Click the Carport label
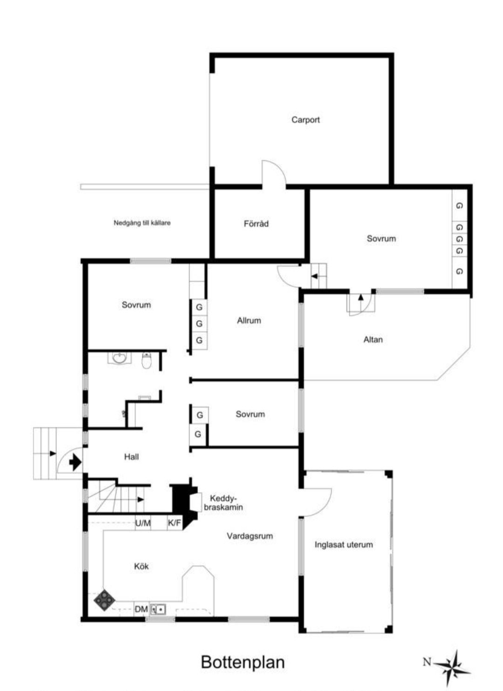[x=306, y=120]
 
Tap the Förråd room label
[x=256, y=223]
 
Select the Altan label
[x=373, y=339]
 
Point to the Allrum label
[x=249, y=321]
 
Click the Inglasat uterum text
[x=344, y=545]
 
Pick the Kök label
[x=141, y=566]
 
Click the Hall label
[x=131, y=457]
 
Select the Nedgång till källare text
[x=142, y=223]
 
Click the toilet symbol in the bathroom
[x=147, y=361]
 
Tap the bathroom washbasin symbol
[x=119, y=358]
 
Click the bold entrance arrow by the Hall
[x=75, y=462]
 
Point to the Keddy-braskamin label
[x=223, y=502]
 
